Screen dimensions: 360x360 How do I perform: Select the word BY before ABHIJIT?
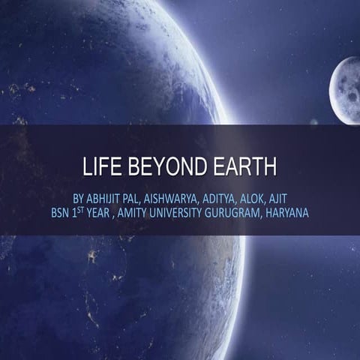pyautogui.click(x=79, y=199)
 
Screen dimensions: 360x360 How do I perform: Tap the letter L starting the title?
pyautogui.click(x=87, y=168)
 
